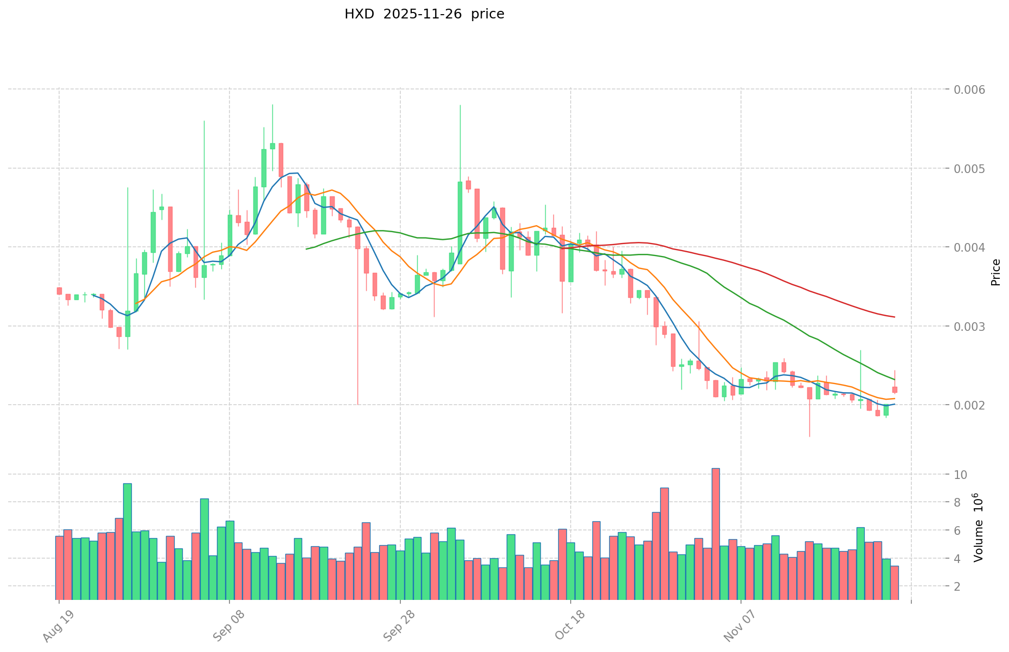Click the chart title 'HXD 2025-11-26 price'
[x=424, y=14]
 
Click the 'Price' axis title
[x=995, y=272]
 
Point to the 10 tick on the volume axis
[x=961, y=475]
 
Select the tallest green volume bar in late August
[x=127, y=541]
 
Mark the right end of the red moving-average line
[x=895, y=317]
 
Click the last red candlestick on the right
[x=895, y=389]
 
